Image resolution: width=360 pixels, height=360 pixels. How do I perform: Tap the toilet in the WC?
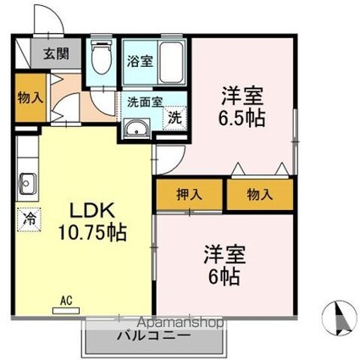[101, 59]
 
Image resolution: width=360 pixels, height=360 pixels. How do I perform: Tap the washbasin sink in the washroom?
[136, 128]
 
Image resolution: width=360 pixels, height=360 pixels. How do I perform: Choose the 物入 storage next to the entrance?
[30, 96]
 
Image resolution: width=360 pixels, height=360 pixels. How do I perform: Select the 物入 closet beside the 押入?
[260, 194]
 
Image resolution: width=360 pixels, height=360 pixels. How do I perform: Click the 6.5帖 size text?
[241, 116]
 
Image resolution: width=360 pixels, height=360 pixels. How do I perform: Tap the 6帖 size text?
[224, 275]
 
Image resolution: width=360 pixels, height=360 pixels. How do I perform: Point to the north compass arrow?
[336, 319]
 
